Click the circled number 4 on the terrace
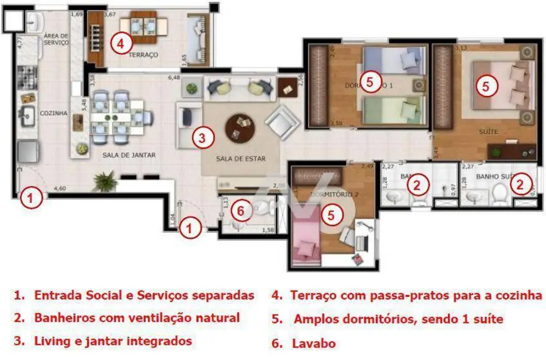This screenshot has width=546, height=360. (121, 43)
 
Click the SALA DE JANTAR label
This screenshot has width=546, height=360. (129, 156)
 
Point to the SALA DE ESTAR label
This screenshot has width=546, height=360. (241, 159)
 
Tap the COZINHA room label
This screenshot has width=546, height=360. (53, 114)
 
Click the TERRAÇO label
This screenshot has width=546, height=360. (143, 55)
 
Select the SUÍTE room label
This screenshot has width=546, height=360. (488, 132)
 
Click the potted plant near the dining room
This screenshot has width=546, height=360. (105, 181)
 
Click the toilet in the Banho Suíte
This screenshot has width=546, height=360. (501, 194)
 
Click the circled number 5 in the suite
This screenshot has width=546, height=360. (485, 86)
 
